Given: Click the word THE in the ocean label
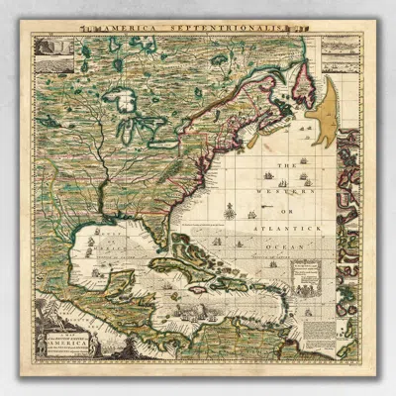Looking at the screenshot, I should pyautogui.click(x=284, y=165).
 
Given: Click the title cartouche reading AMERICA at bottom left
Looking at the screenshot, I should pyautogui.click(x=63, y=338).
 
